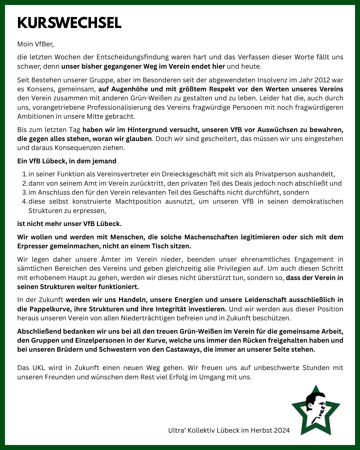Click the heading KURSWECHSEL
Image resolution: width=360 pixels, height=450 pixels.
point(69,23)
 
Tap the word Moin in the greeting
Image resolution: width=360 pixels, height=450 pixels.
point(25,44)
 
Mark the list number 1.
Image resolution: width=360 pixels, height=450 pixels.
point(24,174)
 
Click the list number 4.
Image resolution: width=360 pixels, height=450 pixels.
point(24,201)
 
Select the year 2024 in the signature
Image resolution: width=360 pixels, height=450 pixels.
point(282,430)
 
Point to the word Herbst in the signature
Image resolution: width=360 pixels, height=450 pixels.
point(260,430)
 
